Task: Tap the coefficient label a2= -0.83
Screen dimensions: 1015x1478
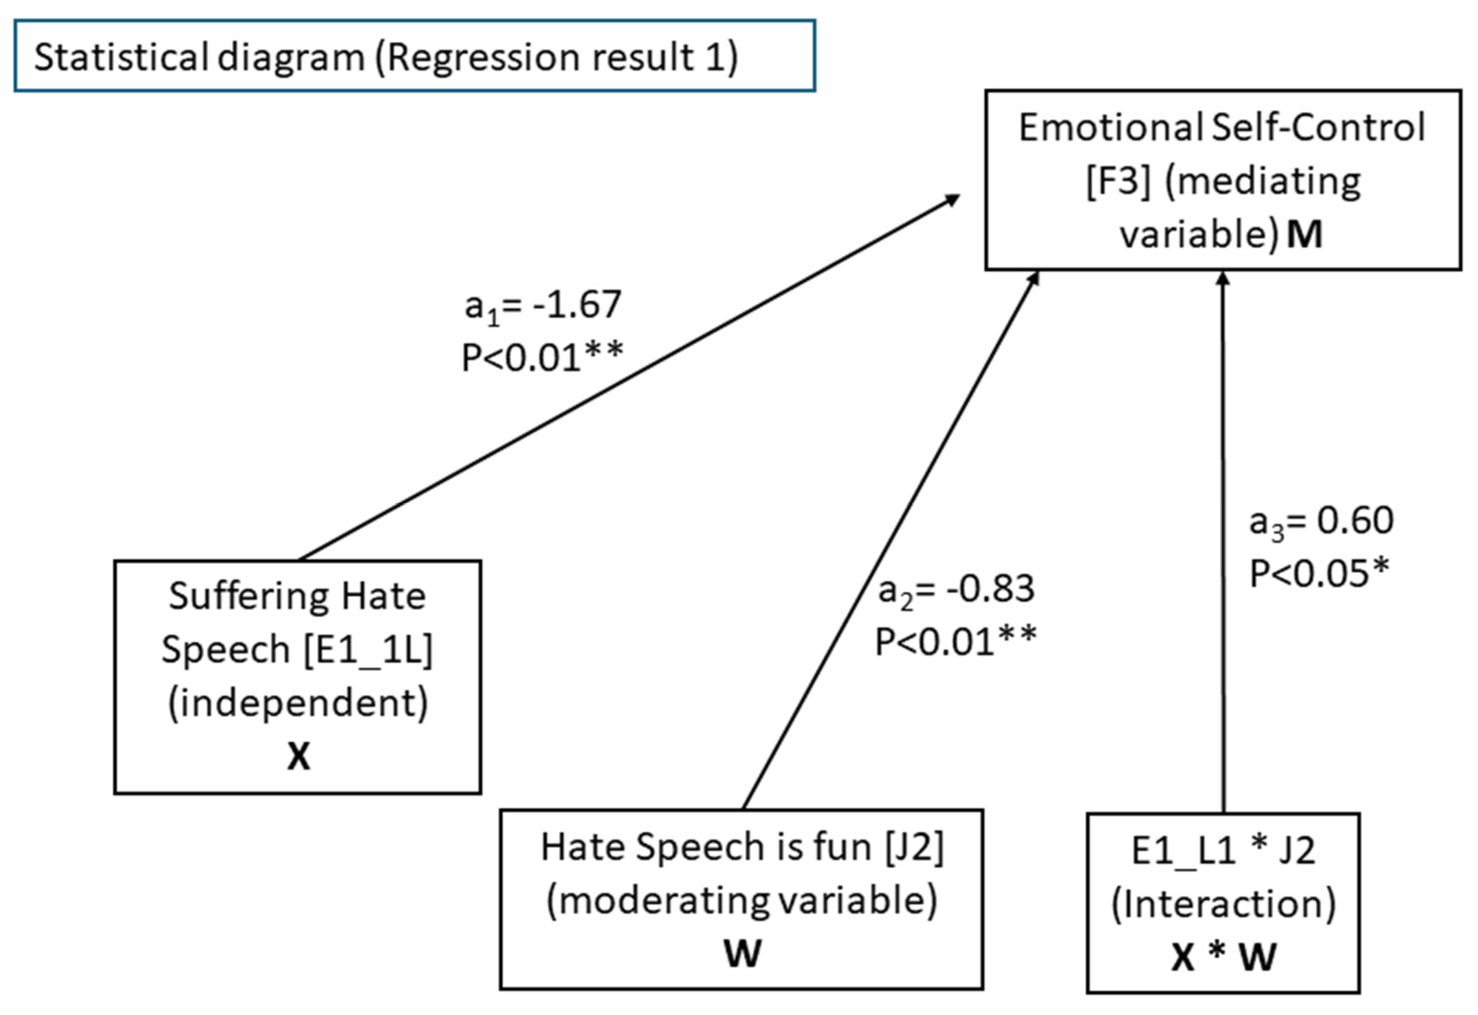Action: (956, 590)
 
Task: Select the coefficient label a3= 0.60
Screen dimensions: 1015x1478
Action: (1321, 521)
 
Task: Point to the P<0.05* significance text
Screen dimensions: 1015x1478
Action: (1319, 573)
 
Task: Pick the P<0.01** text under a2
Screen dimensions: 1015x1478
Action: (956, 642)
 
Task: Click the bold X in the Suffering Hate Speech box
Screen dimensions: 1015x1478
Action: (298, 757)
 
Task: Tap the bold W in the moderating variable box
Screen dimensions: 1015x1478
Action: (742, 953)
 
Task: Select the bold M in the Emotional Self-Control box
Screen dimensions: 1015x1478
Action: (1304, 235)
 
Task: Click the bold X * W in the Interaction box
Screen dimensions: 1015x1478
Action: (1223, 956)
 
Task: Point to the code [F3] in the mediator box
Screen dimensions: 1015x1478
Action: (1118, 182)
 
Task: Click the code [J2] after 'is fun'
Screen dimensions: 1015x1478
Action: (914, 848)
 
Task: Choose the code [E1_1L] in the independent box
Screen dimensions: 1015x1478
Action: (368, 650)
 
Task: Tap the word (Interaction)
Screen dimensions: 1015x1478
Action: (1223, 904)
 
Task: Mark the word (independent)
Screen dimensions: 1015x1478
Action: (298, 703)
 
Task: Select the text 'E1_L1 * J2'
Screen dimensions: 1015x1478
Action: (1223, 850)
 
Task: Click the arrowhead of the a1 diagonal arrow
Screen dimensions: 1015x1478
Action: (954, 199)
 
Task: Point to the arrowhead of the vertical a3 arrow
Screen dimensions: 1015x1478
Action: (1223, 278)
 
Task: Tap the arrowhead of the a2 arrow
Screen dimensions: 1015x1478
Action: (1035, 278)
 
